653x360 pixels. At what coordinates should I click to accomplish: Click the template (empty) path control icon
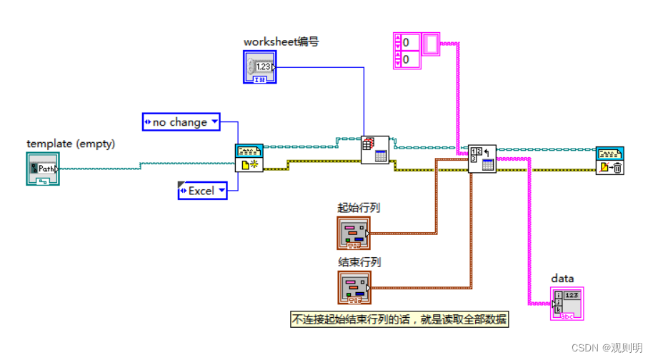click(42, 169)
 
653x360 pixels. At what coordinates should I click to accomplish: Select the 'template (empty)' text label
click(71, 144)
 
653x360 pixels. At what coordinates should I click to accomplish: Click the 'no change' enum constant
click(181, 122)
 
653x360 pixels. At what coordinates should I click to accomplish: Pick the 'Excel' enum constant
click(202, 191)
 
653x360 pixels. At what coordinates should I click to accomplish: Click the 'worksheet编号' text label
click(281, 41)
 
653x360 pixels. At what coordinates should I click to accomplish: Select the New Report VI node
click(249, 158)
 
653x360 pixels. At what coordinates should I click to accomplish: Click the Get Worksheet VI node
click(374, 150)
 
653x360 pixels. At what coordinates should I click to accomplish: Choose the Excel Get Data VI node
click(482, 159)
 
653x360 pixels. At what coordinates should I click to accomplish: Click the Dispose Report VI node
click(609, 161)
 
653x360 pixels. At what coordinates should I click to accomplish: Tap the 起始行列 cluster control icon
click(354, 233)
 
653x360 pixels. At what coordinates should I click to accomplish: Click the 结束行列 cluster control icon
click(354, 287)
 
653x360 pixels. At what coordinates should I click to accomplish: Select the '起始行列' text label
click(359, 208)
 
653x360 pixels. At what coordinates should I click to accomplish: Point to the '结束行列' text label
click(359, 262)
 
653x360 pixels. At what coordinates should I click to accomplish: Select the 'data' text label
click(562, 278)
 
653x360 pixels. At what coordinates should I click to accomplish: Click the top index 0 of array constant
click(409, 42)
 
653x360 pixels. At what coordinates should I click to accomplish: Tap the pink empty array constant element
click(432, 44)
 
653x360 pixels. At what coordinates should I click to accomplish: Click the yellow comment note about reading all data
click(399, 321)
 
